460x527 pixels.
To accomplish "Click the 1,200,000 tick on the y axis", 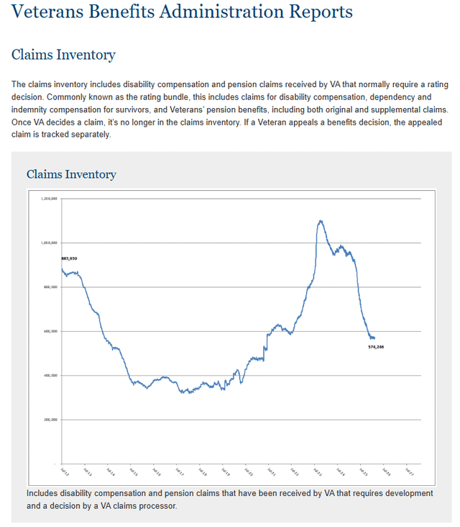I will point(50,198).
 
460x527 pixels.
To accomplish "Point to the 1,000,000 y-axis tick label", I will point(50,243).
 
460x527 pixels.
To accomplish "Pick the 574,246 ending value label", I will point(376,346).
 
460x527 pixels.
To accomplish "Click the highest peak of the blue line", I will point(321,220).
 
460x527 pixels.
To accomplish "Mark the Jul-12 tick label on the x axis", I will point(63,472).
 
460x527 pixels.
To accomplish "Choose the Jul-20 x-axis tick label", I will point(249,472).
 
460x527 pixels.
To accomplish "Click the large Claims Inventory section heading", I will point(63,55).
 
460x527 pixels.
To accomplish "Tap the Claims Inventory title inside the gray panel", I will point(71,174).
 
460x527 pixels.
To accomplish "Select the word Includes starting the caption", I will point(43,493).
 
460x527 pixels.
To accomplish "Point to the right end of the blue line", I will point(374,338).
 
